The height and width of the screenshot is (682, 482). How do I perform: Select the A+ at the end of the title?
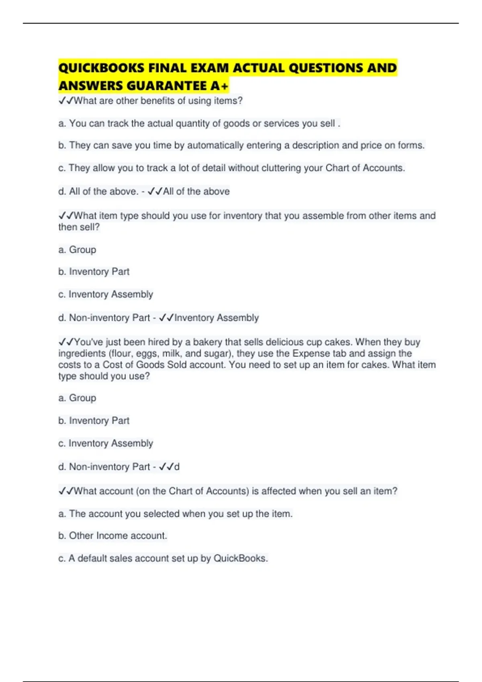click(219, 86)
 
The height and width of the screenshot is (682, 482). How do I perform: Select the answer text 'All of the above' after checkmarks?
click(196, 192)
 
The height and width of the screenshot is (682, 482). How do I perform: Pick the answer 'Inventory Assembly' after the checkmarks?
click(216, 318)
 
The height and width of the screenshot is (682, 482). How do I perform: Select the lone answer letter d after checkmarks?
click(177, 467)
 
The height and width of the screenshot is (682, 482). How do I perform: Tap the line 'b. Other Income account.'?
click(112, 536)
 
